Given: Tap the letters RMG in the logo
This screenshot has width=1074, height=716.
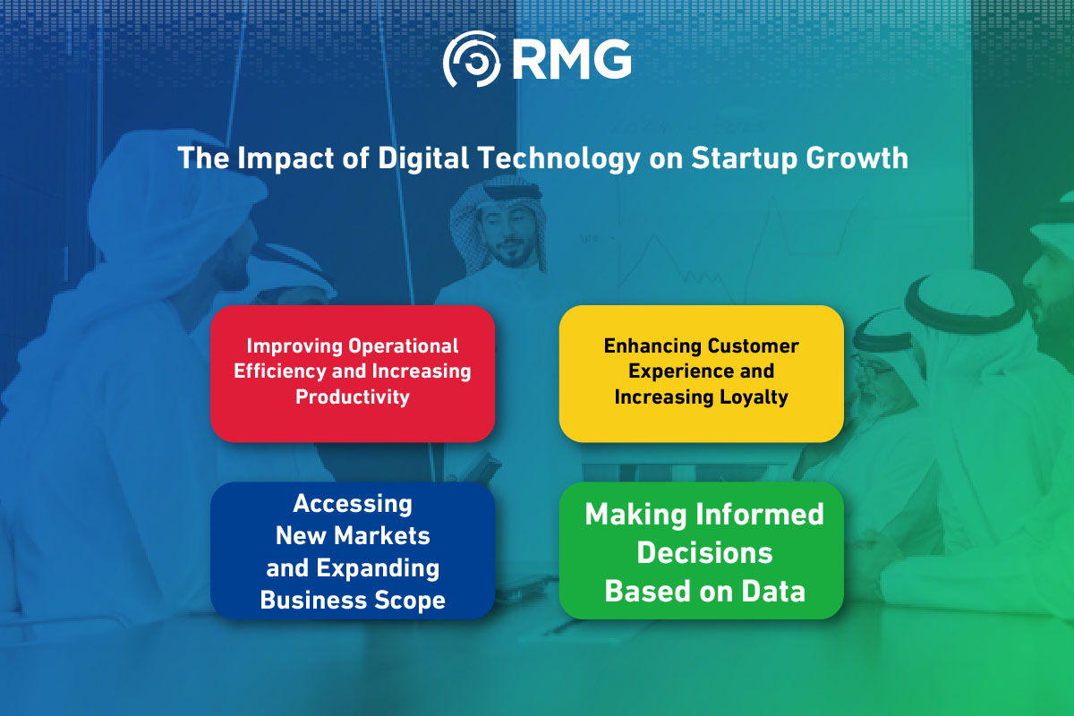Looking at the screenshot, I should coord(572,60).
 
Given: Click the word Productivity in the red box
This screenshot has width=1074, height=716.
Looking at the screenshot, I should coord(353,396).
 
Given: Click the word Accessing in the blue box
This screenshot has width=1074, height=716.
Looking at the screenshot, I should coord(353,504).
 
